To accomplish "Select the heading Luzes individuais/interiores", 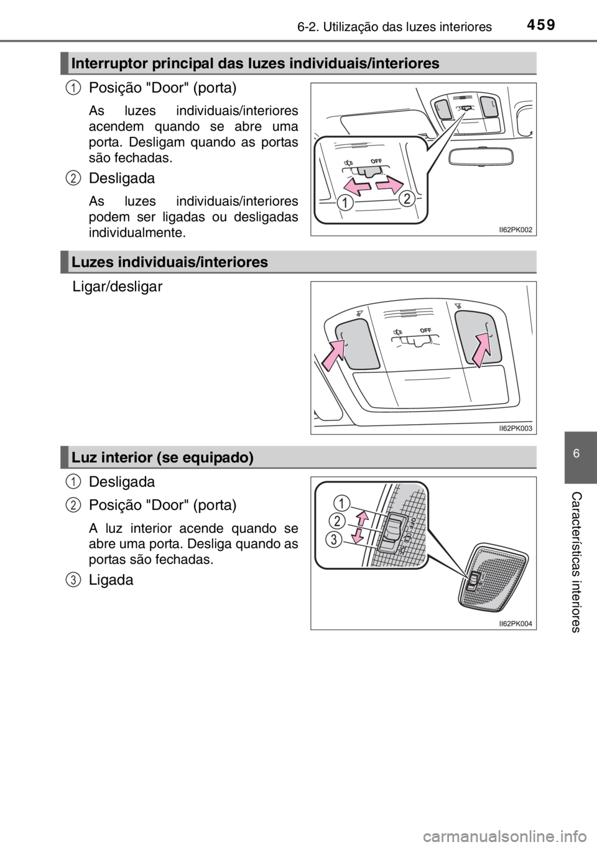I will tap(169, 262).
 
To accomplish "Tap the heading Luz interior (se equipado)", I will tap(162, 458).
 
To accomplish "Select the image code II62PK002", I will tap(515, 229).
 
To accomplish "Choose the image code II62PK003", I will tap(515, 428).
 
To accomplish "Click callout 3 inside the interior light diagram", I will tap(335, 539).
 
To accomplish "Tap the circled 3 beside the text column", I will tap(73, 580).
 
